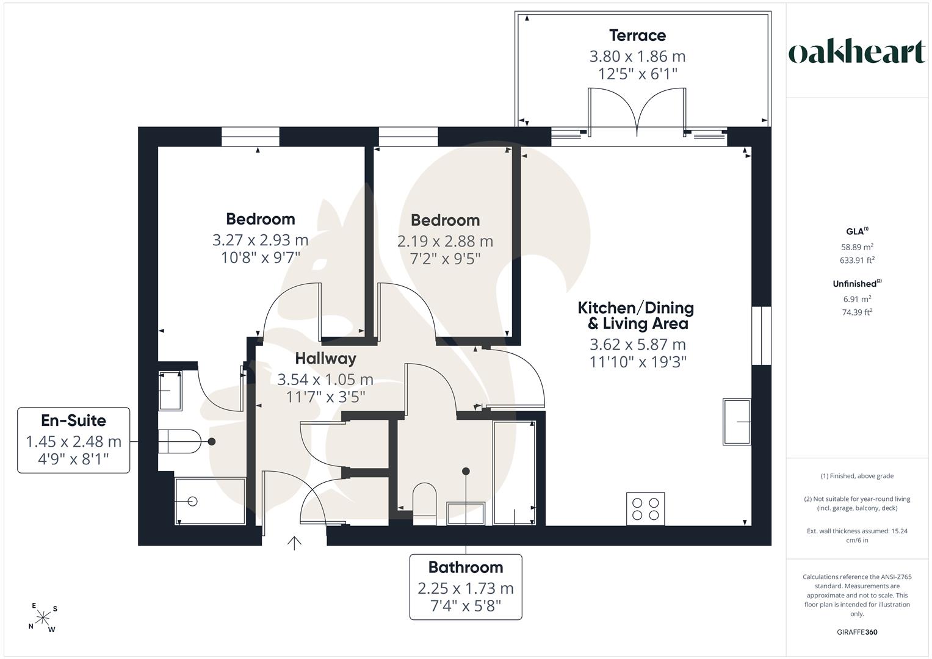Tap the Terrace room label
pos(637,35)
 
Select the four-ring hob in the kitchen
pos(645,509)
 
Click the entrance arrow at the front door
pos(294,543)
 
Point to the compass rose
pos(43,618)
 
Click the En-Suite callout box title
pos(73,420)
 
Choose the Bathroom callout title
pos(466,567)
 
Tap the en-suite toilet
pos(179,441)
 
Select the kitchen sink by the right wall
pos(737,422)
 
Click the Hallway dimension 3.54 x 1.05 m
pos(325,380)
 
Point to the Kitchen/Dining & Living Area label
pos(636,315)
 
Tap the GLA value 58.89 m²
pos(857,247)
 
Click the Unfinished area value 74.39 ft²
pos(857,312)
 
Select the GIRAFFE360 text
pos(857,632)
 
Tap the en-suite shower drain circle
pos(192,502)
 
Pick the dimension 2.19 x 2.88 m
pos(445,241)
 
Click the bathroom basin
pos(466,513)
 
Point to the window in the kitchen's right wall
pos(761,336)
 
